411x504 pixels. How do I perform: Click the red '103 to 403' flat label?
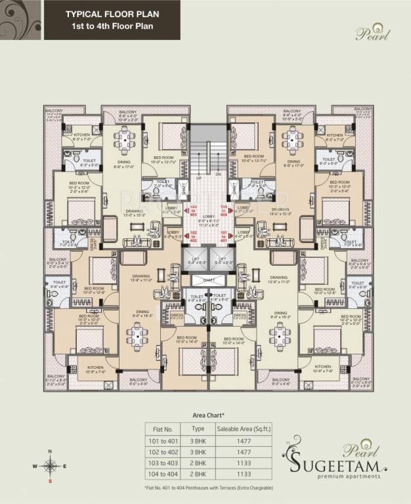tap(194, 210)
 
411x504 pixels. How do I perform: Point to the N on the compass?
tap(49, 451)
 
